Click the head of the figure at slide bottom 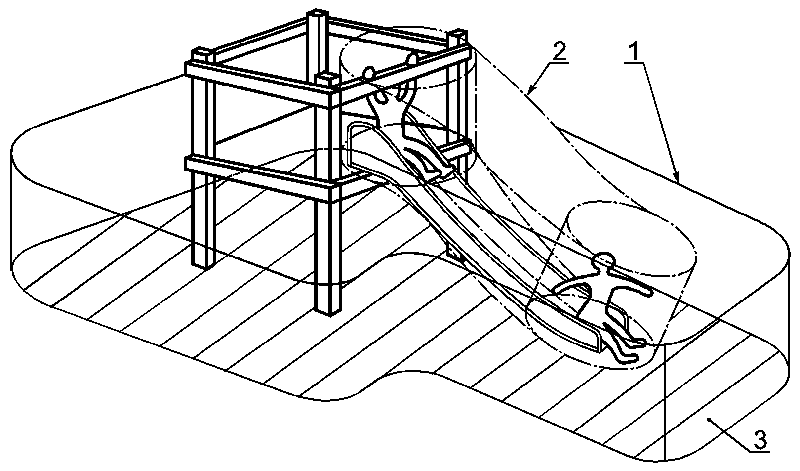pos(603,259)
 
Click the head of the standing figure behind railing pos(412,59)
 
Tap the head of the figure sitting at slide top pos(369,74)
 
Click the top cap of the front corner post pos(325,77)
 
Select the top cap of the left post pos(203,53)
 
